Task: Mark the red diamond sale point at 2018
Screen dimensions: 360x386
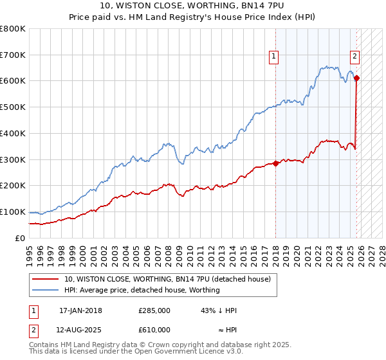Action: coord(275,163)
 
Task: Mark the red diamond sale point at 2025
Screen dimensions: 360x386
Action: coord(356,78)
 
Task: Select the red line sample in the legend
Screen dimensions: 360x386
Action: coord(46,279)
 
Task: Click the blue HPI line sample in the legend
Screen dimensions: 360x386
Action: coord(46,290)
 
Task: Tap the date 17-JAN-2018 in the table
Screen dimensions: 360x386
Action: coord(80,310)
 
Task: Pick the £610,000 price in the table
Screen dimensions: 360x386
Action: coord(154,330)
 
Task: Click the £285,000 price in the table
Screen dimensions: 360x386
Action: coord(154,310)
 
